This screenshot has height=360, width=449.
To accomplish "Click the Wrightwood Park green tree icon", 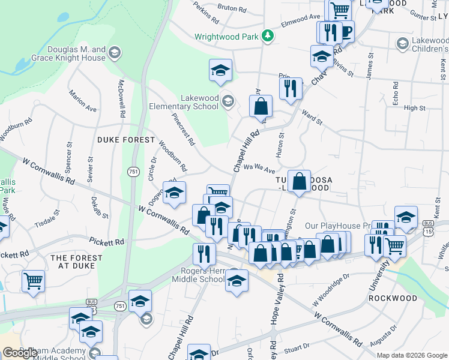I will (268, 37).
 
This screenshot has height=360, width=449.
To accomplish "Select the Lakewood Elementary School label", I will (200, 102).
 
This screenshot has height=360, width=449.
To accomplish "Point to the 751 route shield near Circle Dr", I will (132, 172).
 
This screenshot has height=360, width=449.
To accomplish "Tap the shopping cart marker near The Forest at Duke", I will (33, 280).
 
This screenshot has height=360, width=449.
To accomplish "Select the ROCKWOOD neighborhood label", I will (393, 298).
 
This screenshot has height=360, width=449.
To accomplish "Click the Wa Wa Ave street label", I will (259, 170).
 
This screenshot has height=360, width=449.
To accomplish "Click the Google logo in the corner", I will (20, 353).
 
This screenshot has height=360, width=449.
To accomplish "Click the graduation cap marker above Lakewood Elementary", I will (220, 70).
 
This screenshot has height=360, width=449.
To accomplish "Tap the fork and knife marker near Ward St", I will (291, 88).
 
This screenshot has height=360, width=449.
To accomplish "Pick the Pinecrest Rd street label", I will (183, 130).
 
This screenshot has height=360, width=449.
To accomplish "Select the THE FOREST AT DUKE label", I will (77, 262).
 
